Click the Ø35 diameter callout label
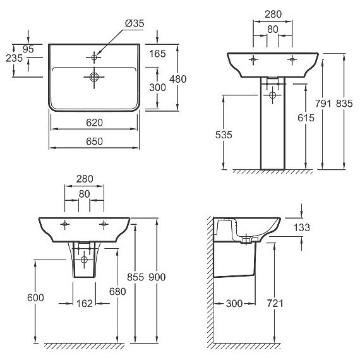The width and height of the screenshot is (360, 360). [x=135, y=23]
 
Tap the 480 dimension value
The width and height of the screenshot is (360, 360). [x=177, y=79]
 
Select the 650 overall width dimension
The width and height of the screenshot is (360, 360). [x=94, y=141]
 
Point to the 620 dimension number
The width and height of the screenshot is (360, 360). [x=94, y=123]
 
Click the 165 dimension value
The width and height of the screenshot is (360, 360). [x=157, y=54]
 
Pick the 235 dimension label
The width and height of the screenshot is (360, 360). [x=15, y=58]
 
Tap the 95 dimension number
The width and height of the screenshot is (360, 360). [x=28, y=49]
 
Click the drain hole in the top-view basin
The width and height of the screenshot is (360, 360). [x=94, y=76]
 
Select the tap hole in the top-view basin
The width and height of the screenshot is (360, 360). [x=94, y=57]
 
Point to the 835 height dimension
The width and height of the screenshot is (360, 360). [x=344, y=104]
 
